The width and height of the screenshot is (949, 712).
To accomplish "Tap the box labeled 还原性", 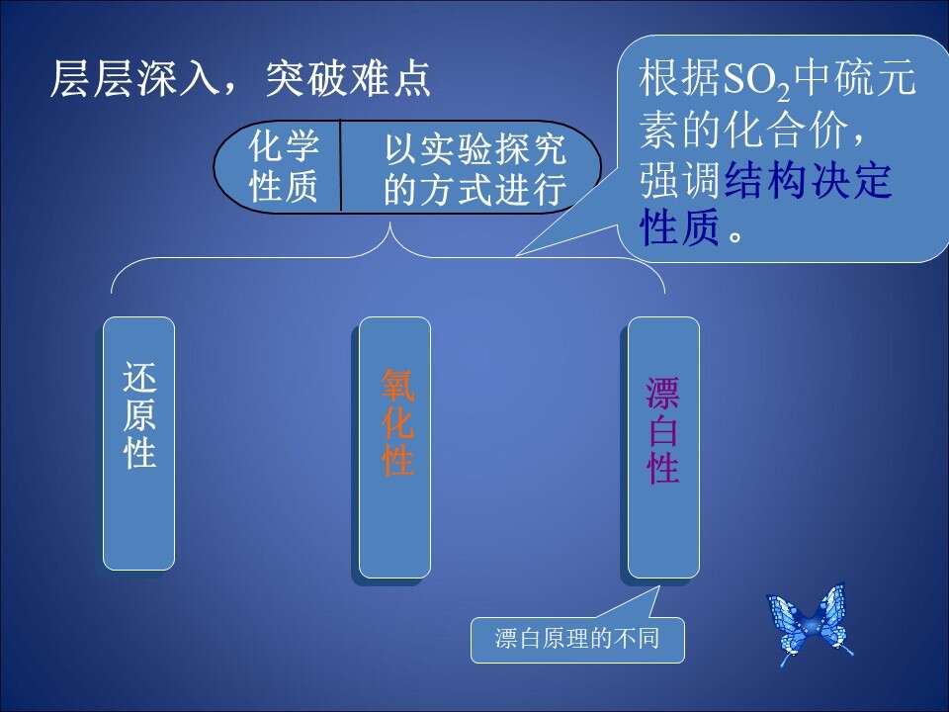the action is [x=138, y=443].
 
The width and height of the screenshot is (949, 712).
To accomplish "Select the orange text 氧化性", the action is [x=397, y=422].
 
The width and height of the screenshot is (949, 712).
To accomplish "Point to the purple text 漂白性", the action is [x=662, y=430].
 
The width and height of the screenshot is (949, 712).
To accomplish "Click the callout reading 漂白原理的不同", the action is [x=577, y=640].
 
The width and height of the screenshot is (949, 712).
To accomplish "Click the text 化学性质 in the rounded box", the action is [x=284, y=165].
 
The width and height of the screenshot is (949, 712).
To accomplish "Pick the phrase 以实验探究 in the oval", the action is [x=475, y=147].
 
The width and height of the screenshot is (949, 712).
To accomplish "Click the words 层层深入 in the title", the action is [x=133, y=79].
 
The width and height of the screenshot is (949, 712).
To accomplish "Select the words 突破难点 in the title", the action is [x=348, y=79].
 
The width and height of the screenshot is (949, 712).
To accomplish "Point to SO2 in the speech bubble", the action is [x=756, y=80].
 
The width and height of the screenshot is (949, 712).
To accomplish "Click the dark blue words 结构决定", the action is [x=808, y=180].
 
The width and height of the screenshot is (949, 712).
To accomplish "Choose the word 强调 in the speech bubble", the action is [x=681, y=180].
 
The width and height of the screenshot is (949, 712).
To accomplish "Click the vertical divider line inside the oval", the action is [x=341, y=166].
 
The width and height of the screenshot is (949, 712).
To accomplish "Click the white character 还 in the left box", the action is [x=139, y=377].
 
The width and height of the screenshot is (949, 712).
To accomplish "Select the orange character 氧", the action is [x=397, y=385].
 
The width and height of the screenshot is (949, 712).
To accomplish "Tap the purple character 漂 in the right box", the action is [x=662, y=394].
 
